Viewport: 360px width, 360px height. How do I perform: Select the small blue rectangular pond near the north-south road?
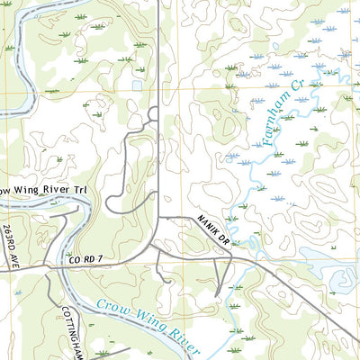(137, 85)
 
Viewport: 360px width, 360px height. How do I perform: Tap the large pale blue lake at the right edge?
(346, 281)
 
